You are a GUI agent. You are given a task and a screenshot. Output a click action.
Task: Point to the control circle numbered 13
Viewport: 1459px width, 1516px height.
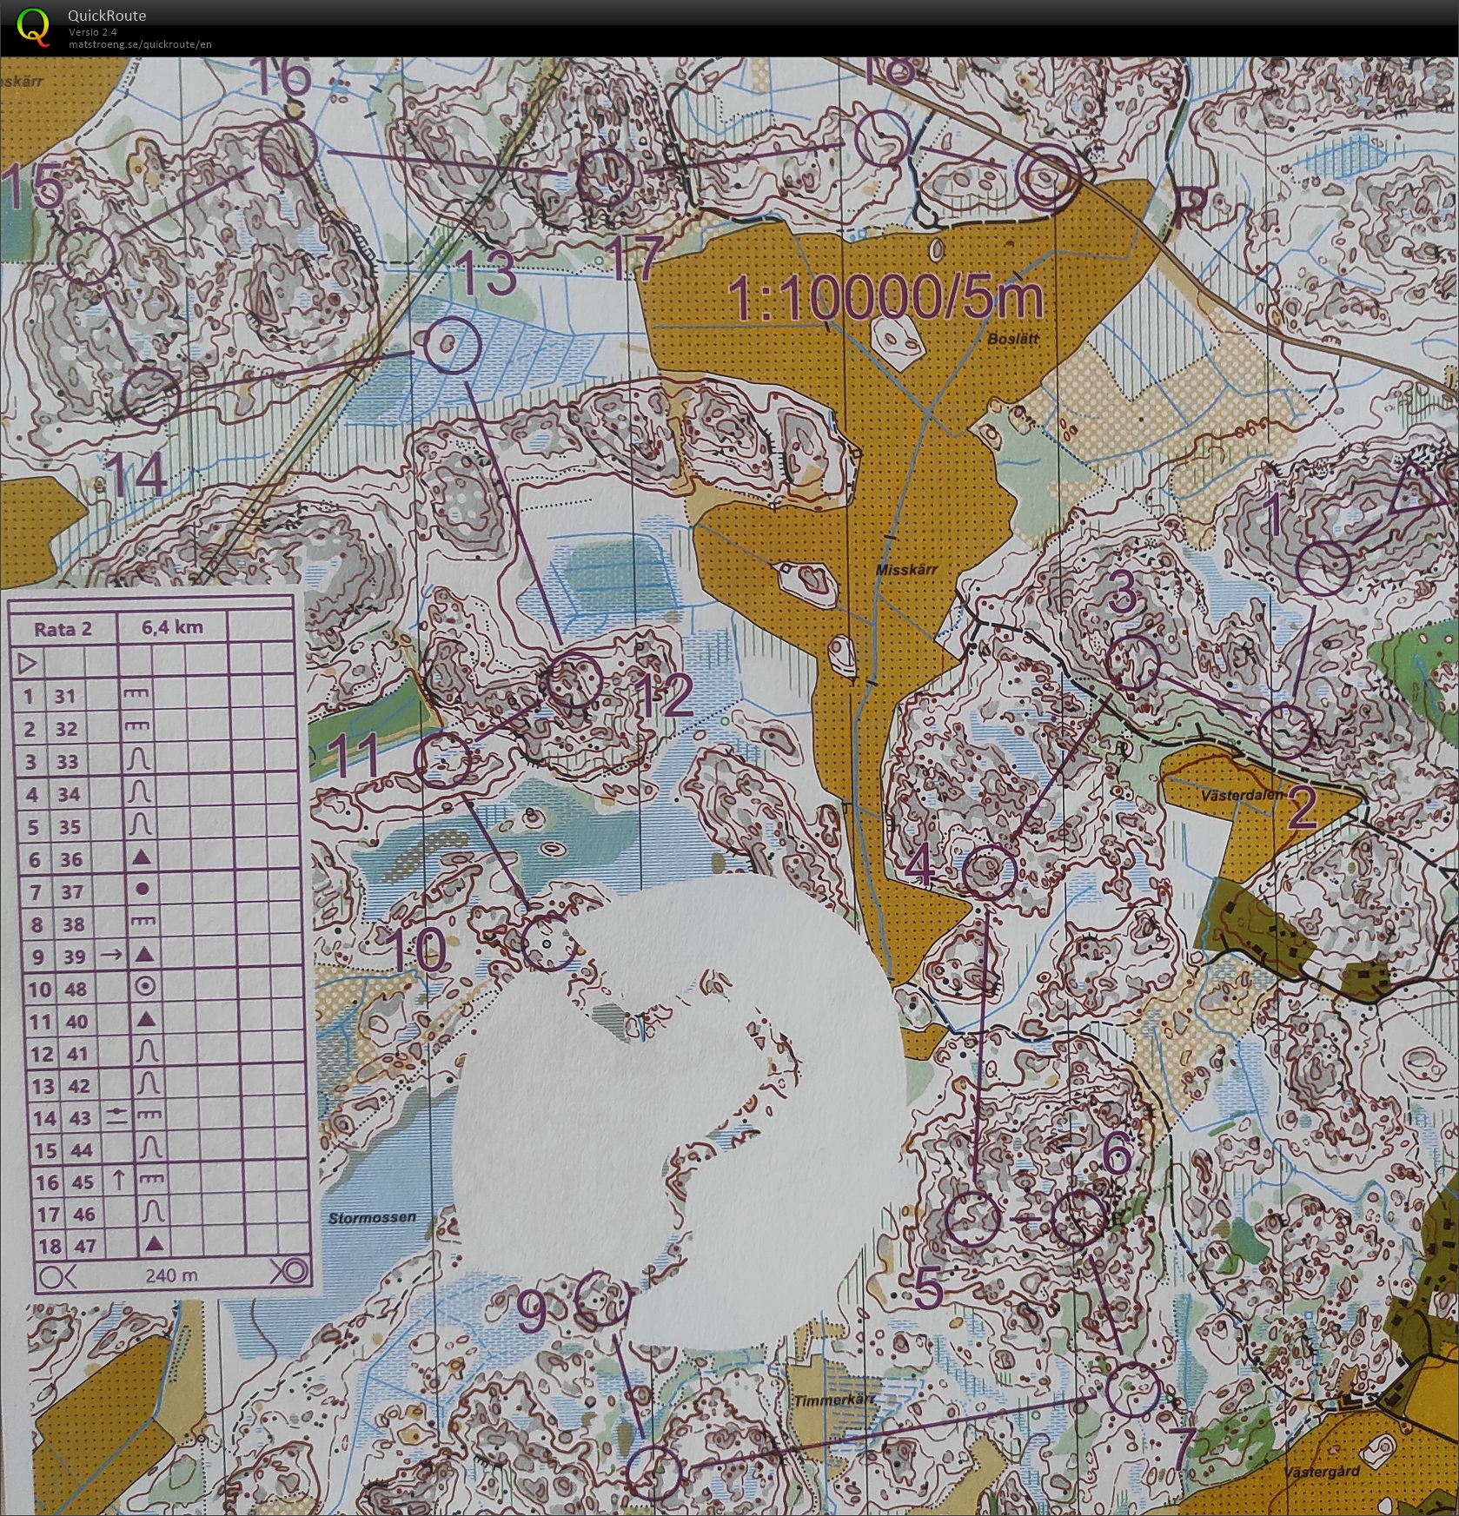point(453,344)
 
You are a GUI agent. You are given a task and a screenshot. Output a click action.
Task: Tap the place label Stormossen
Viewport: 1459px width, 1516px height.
point(372,1218)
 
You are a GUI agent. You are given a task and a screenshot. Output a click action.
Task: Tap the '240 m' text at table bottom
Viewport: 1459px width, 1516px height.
point(172,1274)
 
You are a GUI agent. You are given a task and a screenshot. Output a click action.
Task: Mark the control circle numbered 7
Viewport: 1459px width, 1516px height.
point(1132,1389)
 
